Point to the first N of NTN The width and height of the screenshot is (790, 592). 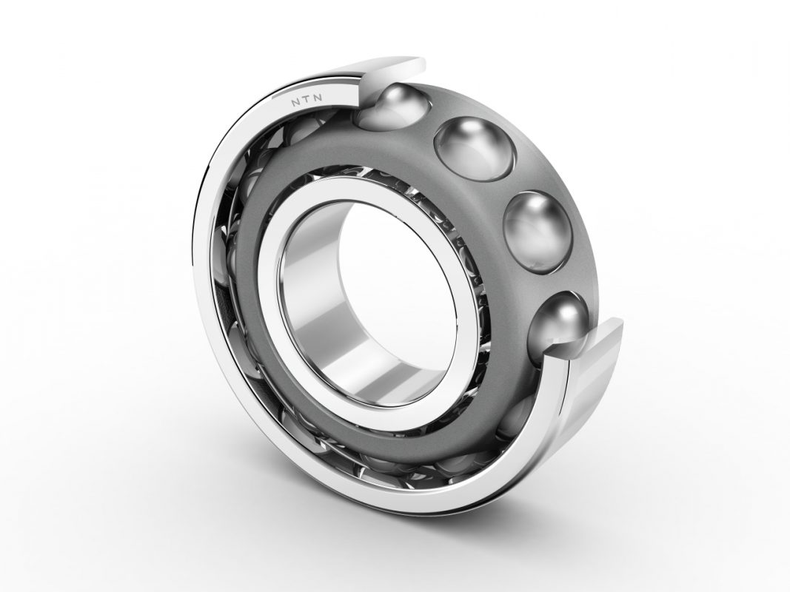294,104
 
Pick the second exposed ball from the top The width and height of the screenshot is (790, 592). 474,147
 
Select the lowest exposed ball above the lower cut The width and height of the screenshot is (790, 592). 559,322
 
